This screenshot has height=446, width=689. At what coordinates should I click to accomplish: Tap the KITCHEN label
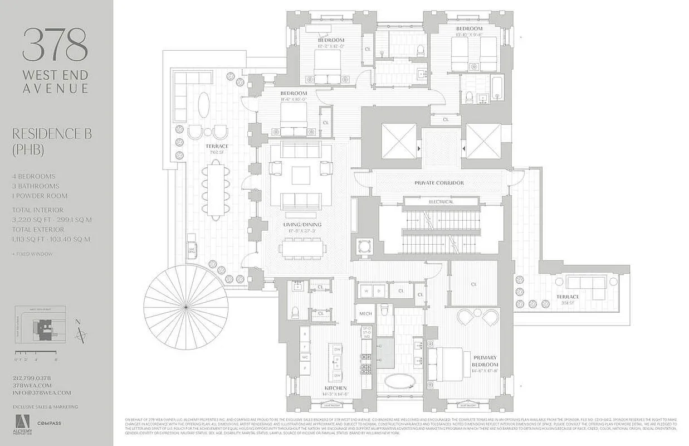pos(335,388)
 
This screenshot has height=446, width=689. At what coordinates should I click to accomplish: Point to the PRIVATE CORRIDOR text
pos(439,183)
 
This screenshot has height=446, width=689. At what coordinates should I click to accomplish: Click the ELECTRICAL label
pos(441,201)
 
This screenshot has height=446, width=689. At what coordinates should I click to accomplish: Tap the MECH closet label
pos(365,314)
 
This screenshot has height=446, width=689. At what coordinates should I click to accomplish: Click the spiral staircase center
pos(185,306)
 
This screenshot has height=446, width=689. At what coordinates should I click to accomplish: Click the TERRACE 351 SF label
pos(567,297)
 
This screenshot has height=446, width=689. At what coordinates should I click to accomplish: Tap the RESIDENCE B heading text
pos(51,134)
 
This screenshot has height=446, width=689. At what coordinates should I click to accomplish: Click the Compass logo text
pos(49,424)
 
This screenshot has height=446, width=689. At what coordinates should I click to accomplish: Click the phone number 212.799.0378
pos(32,379)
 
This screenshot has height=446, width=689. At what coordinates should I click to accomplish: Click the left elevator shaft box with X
pos(398,140)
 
